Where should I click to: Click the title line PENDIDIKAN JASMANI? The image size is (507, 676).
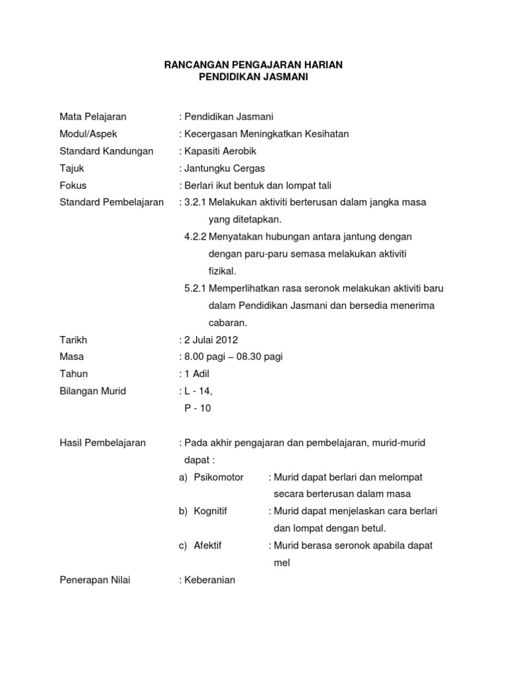coord(253,77)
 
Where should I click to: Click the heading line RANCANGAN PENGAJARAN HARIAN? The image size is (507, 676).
coord(253,65)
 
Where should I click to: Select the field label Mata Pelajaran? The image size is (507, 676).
coord(93,117)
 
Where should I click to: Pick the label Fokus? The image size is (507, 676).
coord(73,186)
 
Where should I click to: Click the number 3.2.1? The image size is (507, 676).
coord(195,203)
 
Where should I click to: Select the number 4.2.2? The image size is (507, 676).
coord(195,237)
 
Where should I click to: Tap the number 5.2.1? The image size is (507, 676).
coord(195,288)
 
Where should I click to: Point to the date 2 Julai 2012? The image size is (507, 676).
coord(211,340)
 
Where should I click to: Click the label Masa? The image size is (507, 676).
coord(72,357)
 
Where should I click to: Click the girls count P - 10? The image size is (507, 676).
coord(197,409)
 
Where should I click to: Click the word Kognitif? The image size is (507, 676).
coord(211,512)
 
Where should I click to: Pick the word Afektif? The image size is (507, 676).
coord(208,546)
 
